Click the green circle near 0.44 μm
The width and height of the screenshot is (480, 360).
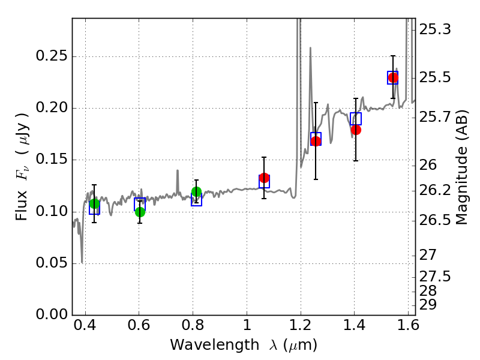pos(95,203)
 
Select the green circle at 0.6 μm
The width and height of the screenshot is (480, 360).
pos(140,212)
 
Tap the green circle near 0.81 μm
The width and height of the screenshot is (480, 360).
pos(197,191)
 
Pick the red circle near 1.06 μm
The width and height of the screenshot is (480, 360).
pos(264,178)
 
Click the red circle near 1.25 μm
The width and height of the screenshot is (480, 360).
pos(316,141)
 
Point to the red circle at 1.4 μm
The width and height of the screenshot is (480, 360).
pos(356,130)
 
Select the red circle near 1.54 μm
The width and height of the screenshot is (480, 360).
pos(393,78)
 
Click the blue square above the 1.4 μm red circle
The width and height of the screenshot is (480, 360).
pos(356,119)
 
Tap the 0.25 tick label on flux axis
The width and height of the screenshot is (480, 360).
pos(52,56)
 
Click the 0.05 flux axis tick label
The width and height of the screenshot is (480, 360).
pos(52,263)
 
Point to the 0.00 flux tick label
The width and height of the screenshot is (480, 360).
pos(52,314)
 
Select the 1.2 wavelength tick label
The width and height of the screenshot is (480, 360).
pos(301,325)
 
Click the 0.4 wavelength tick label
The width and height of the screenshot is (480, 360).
pos(85,325)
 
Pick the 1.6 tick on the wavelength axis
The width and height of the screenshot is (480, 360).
pos(408,325)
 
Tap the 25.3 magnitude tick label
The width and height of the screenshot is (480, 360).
pos(434,29)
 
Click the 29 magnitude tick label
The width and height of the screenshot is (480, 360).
pos(428,305)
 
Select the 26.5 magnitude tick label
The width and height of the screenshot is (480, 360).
pos(434,220)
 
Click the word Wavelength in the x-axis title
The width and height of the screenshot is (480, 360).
pos(215,345)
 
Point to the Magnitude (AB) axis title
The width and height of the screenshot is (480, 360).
pos(461,167)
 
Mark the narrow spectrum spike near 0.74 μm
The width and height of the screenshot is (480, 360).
pos(178,182)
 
